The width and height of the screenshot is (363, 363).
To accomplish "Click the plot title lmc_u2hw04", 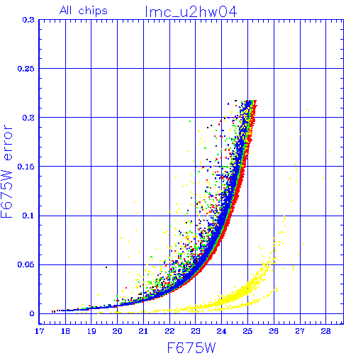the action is (x=191, y=12).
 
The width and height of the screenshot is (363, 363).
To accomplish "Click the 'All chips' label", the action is (x=84, y=11).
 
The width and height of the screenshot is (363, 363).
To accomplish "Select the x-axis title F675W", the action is (x=191, y=348).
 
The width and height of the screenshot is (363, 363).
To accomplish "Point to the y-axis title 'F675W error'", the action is (x=6, y=172).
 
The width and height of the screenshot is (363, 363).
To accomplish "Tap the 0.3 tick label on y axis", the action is (x=28, y=20).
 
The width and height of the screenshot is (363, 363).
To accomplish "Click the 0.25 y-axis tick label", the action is (x=26, y=69).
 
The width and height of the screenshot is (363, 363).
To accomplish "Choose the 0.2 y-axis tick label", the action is (x=28, y=118).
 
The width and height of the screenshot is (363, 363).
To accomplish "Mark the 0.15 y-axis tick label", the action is (x=26, y=167).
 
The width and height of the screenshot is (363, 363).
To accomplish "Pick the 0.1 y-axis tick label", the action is (x=28, y=216).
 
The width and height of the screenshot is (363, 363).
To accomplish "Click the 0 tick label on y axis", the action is (x=32, y=314).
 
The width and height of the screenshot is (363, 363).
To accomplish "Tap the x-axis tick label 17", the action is (x=40, y=331).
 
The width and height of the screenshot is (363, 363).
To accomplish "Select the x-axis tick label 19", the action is (x=91, y=331).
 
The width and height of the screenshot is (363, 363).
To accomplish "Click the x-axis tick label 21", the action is (x=143, y=331).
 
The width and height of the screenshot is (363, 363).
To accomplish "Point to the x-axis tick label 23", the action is (x=196, y=331).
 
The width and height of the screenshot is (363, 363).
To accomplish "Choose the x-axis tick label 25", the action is (x=247, y=331).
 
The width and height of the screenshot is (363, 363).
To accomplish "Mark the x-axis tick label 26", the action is (x=274, y=331).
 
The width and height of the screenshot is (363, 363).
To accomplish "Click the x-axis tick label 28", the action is (x=325, y=331).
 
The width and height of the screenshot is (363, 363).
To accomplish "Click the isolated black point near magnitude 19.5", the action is (x=106, y=267).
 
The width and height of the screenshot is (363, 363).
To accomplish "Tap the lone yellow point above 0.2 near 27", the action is (x=307, y=110).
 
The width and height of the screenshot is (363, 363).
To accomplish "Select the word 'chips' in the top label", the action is (x=93, y=11).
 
